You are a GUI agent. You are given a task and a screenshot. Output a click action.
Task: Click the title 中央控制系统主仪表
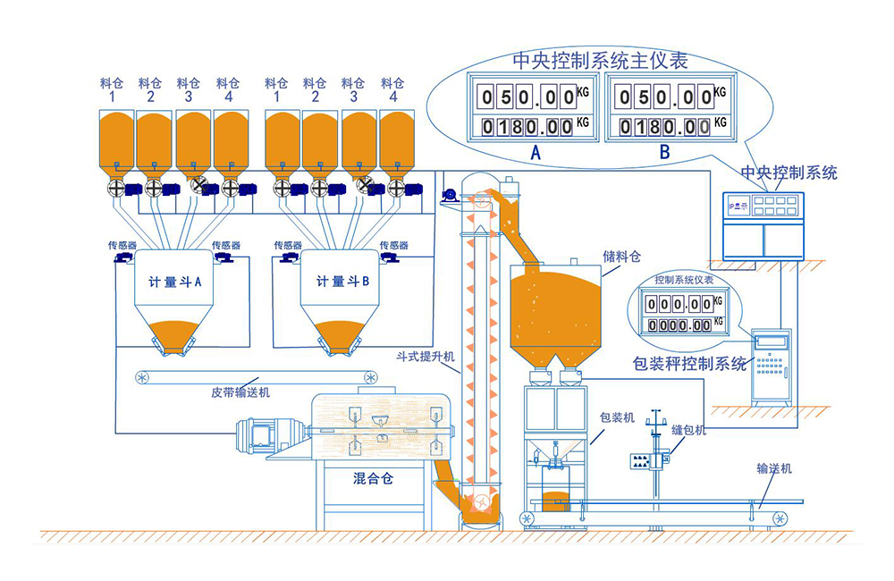[600, 61]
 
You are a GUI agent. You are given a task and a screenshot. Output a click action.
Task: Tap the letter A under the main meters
[536, 152]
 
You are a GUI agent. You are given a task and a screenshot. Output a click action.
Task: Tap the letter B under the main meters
[664, 152]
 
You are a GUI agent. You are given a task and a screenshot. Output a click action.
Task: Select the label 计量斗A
[175, 282]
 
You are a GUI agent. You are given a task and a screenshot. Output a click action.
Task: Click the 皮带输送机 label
[240, 392]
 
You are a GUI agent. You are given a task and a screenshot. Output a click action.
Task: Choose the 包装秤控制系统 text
[689, 364]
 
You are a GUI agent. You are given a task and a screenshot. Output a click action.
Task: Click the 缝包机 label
[689, 430]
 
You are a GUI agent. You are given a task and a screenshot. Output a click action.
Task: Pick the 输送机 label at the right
[774, 468]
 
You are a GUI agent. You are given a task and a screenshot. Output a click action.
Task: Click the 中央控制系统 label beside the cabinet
[789, 173]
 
